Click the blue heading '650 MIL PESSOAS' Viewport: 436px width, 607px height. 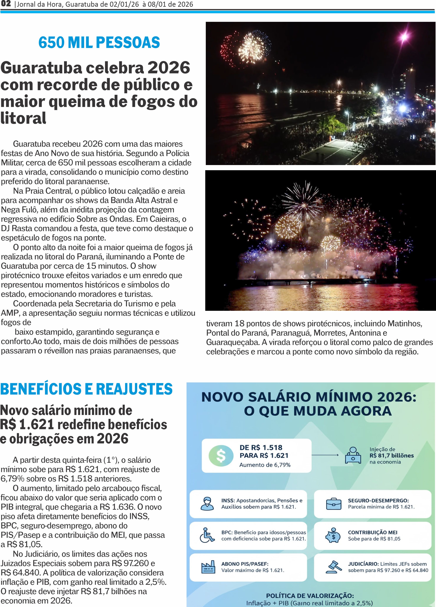99,43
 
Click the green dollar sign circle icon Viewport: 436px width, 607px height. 221,456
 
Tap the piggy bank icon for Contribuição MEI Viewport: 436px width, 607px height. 333,535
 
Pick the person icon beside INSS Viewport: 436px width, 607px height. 207,504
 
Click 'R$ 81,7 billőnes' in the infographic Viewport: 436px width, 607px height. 392,456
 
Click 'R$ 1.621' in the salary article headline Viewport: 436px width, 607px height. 27,425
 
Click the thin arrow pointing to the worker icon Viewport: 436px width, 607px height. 325,455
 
